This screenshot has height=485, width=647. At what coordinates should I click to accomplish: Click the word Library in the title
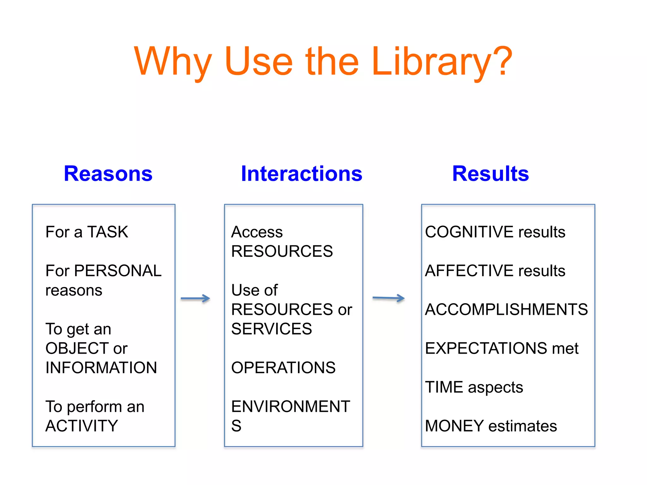[x=441, y=62]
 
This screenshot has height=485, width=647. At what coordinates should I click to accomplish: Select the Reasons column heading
[x=108, y=174]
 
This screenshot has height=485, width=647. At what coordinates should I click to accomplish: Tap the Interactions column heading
[x=301, y=174]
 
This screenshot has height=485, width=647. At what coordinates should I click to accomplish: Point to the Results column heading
[x=490, y=174]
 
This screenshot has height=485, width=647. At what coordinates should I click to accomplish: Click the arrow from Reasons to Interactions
[x=195, y=298]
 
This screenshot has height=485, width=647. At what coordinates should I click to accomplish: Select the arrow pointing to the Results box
[x=388, y=298]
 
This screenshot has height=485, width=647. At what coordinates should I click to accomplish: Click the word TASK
[x=107, y=232]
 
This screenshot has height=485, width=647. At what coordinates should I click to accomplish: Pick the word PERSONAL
[x=118, y=271]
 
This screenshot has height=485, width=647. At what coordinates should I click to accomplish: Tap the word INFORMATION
[x=101, y=368]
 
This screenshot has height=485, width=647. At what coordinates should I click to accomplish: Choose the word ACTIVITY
[x=82, y=426]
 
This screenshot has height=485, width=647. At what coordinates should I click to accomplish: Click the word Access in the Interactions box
[x=257, y=232]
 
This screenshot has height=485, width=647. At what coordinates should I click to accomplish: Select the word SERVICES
[x=271, y=329]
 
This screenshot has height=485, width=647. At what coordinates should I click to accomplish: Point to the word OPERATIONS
[x=283, y=368]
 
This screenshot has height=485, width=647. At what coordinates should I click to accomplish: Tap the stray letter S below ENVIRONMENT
[x=236, y=426]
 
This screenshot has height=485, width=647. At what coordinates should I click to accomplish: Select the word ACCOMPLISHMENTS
[x=506, y=309]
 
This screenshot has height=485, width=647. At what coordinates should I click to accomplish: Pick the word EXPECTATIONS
[x=486, y=348]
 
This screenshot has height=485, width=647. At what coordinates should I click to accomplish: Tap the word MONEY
[x=454, y=426]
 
